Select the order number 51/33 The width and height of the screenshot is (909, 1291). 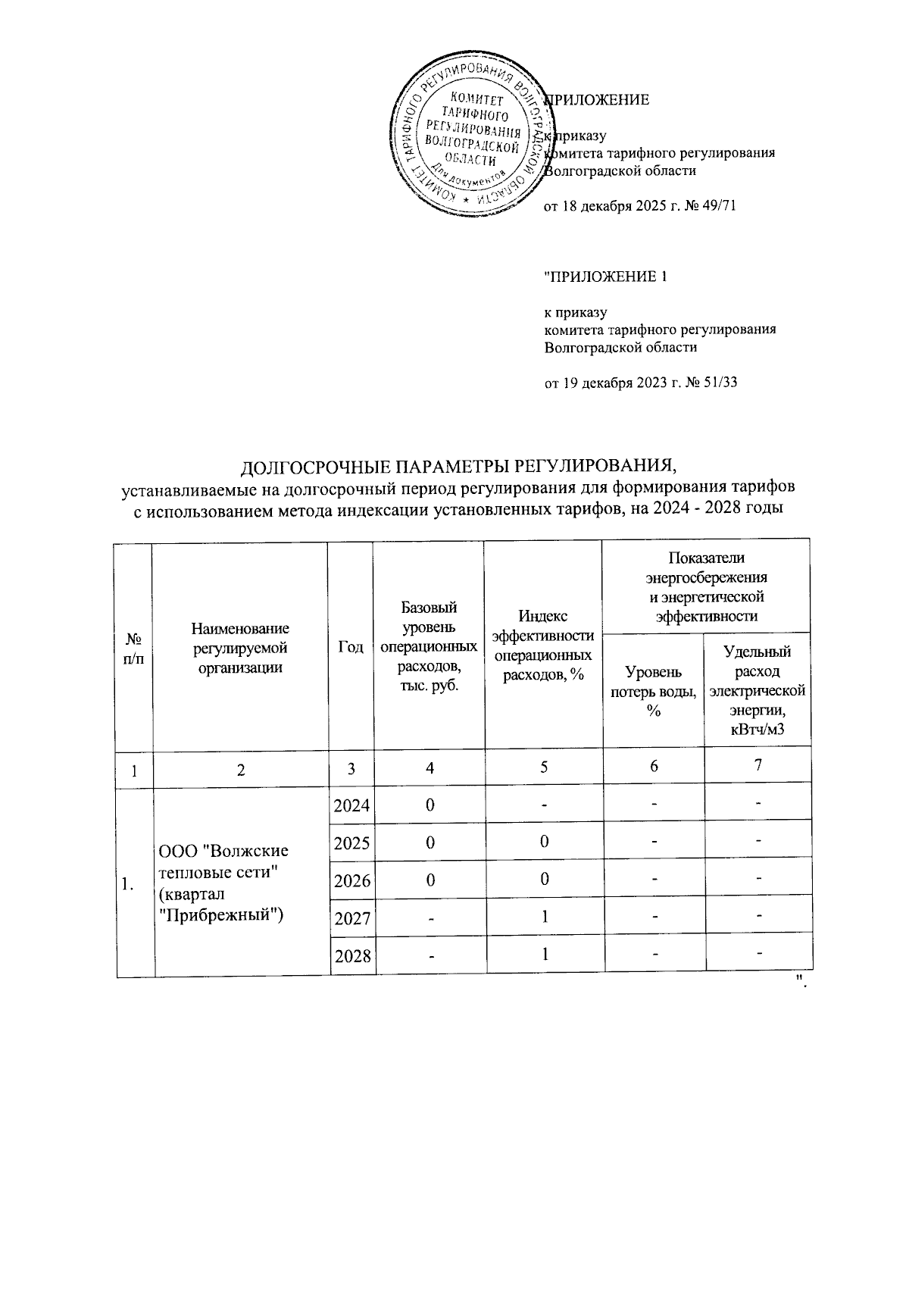coord(720,383)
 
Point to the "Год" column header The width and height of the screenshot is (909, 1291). coord(351,647)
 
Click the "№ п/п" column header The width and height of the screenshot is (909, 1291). coord(133,647)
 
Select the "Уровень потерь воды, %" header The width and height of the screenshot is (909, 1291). coord(654,691)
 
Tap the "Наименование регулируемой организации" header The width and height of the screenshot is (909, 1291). coord(240,647)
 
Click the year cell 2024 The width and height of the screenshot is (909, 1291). coord(352,805)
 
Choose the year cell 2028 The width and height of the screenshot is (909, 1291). coord(352,956)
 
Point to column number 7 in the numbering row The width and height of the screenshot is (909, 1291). coord(757,766)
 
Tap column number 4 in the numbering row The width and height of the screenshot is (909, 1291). coord(430,768)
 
